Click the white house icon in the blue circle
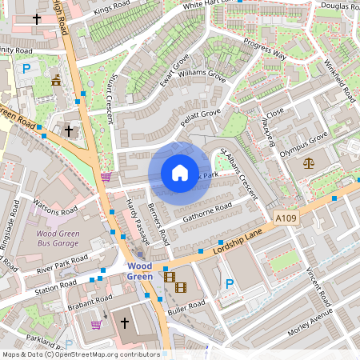[179, 173]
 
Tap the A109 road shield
[286, 218]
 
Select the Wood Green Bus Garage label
[60, 240]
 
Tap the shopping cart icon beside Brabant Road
[97, 325]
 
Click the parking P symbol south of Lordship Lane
[230, 283]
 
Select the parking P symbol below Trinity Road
[26, 70]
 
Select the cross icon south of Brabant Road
[124, 323]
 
